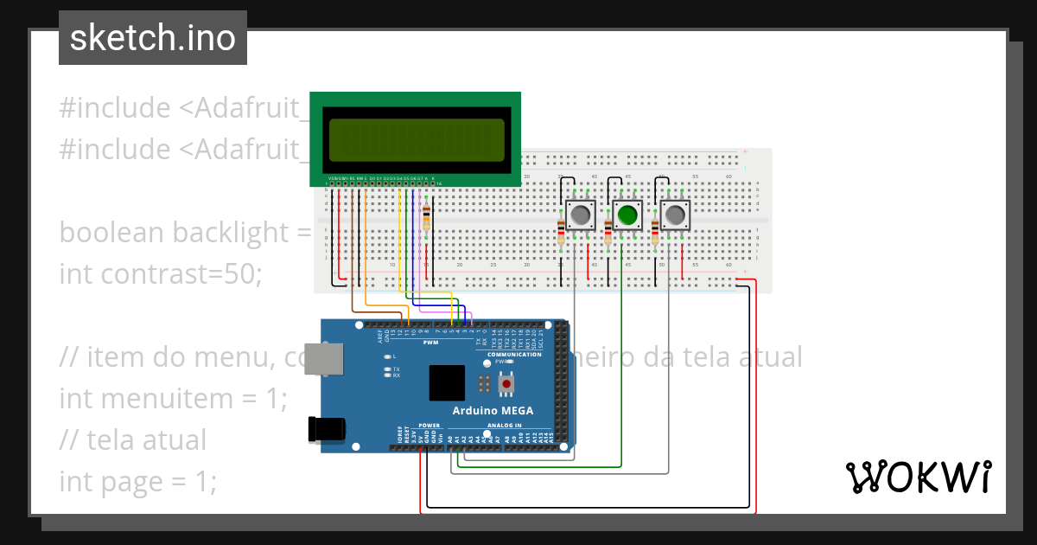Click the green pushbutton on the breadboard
(627, 214)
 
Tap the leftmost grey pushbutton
(581, 214)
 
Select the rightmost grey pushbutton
(676, 214)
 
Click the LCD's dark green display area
(415, 138)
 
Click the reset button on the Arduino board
(507, 381)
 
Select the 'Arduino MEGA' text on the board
(493, 410)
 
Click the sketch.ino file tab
(153, 38)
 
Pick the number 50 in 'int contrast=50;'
(241, 273)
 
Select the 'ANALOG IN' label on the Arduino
(506, 426)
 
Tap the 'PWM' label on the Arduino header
(429, 343)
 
